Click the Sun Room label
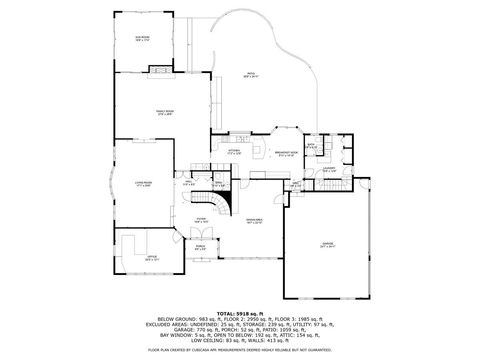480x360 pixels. pos(142,39)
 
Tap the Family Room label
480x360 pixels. pos(164,112)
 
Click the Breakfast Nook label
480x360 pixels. pos(287,153)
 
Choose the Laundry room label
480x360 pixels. pos(329,170)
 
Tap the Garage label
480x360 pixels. pos(327,243)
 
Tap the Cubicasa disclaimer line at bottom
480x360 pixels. pos(240,350)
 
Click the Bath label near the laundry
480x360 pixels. pos(312,147)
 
